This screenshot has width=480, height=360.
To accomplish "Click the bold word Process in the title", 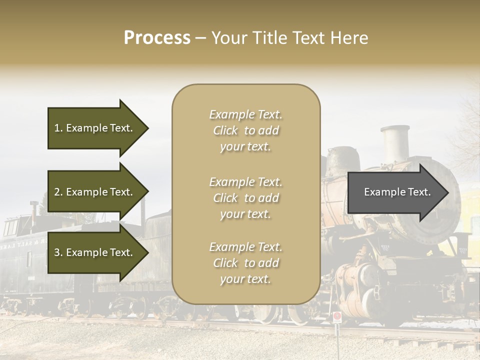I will coord(157,38).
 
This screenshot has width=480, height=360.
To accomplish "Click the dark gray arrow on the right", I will coord(397,192).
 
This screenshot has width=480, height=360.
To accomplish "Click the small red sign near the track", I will coord(337,316).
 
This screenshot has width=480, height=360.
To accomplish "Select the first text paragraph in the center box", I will coord(245,130).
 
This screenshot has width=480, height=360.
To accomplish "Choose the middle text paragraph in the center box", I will coord(245,198).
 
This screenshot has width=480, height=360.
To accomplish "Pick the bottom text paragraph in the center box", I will coord(245,263).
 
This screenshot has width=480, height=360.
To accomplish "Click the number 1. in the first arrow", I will coord(58,128).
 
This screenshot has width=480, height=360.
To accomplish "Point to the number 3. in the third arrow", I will coord(58,252).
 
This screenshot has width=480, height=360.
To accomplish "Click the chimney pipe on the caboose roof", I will coord(34,208).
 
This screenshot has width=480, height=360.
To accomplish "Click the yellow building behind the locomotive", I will coord(470,210).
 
